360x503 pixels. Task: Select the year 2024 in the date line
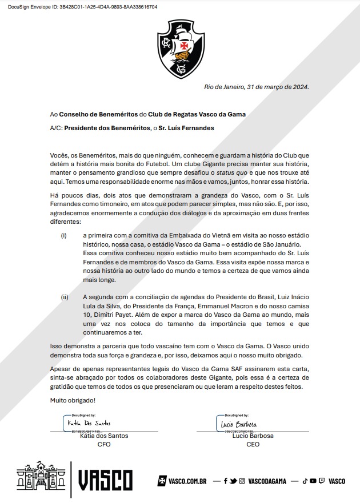click(x=299, y=87)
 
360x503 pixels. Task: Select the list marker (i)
click(x=64, y=235)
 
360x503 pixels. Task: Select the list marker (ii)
click(x=65, y=297)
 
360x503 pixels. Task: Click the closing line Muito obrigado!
click(x=73, y=400)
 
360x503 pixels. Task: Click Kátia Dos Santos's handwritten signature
click(x=89, y=423)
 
